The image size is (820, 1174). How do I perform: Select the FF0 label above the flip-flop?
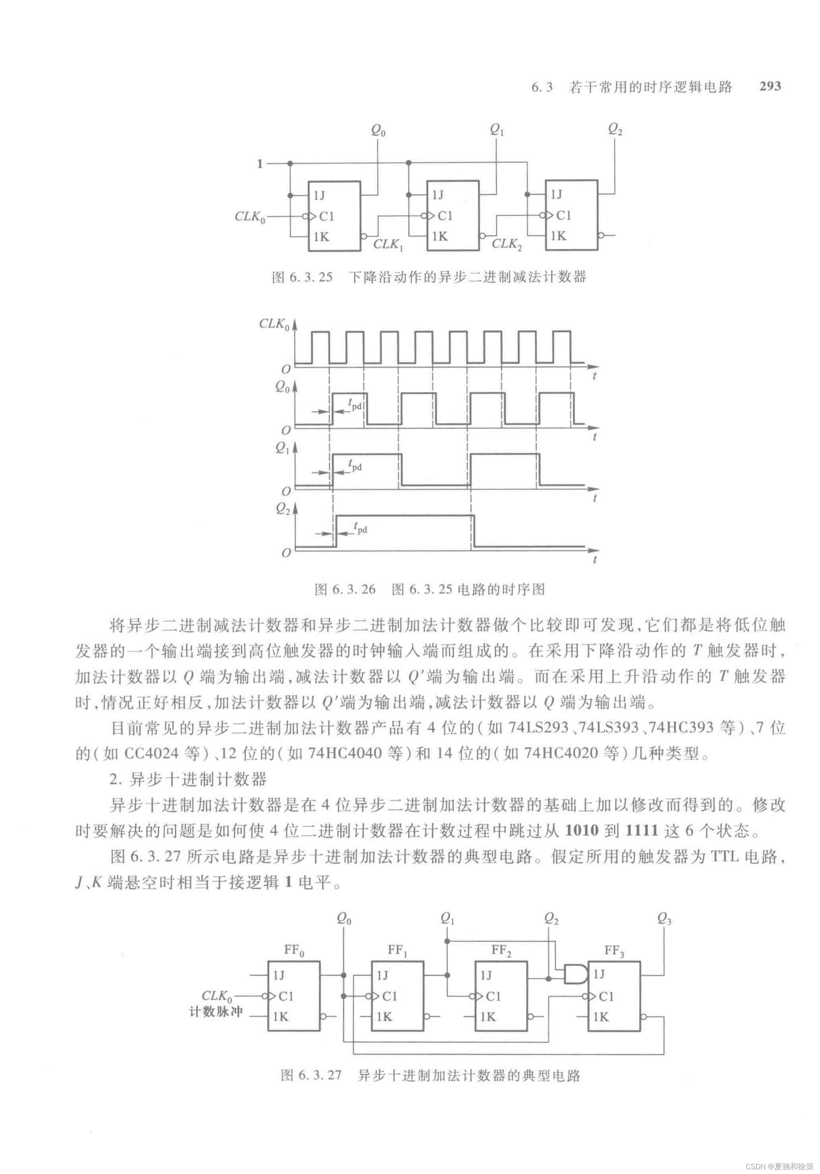click(294, 951)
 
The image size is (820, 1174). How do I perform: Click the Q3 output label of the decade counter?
click(664, 919)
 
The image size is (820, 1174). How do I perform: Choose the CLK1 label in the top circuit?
click(388, 245)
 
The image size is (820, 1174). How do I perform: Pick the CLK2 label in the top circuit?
click(507, 245)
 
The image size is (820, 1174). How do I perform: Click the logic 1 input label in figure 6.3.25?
click(260, 164)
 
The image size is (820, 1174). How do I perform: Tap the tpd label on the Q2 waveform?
click(360, 527)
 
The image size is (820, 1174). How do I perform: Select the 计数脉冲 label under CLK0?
click(216, 1011)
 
